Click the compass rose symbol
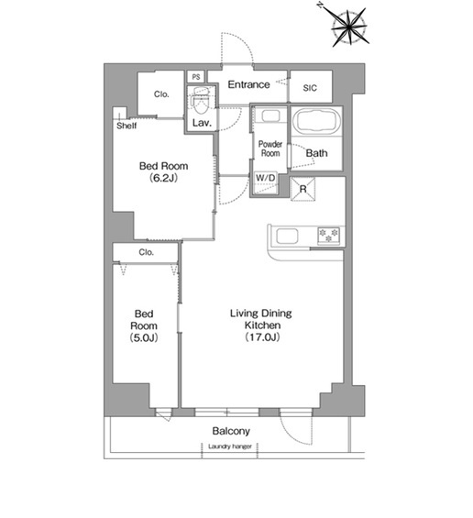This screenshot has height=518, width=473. point(348,27)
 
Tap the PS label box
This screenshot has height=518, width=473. point(196,77)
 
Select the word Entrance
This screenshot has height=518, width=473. point(248,84)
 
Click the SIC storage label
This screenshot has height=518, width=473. point(310,88)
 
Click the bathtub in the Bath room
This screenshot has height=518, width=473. point(317,121)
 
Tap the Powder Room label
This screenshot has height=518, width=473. point(270,149)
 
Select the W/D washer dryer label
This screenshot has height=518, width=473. point(265,178)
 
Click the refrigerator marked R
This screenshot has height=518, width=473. point(302,189)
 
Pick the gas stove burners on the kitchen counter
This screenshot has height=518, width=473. point(328,236)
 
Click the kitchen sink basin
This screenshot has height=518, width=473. point(287,236)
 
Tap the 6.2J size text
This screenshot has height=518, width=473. point(163,178)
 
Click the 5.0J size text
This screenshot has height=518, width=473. point(144,337)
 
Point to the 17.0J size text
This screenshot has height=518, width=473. point(262,337)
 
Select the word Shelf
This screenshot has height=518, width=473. point(126,126)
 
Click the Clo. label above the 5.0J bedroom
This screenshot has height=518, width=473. point(147,252)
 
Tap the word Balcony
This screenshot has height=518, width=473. point(231,431)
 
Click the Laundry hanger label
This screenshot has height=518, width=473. point(230,446)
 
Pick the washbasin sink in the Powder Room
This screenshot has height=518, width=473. point(271,116)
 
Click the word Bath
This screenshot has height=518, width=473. point(317,153)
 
